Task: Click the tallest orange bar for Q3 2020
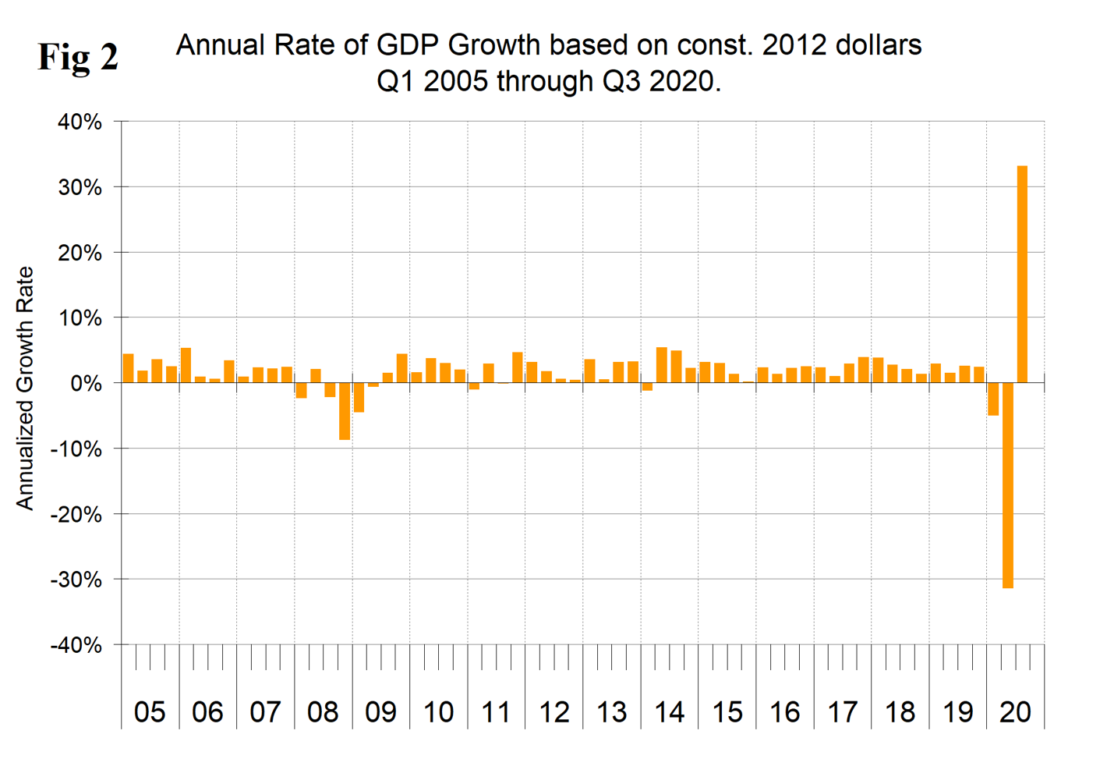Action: pos(1022,273)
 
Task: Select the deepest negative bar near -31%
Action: pos(1008,484)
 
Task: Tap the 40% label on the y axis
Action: pos(80,122)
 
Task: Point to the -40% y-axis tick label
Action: pos(76,645)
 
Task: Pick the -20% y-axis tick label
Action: pos(76,515)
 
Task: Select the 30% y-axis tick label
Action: pos(80,187)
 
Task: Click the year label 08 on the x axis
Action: pos(323,711)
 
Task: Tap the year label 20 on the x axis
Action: pos(1015,711)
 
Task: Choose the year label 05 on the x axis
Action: pos(150,711)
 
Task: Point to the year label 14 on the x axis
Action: pos(669,711)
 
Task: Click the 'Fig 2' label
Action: pos(78,57)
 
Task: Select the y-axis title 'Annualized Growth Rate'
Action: pos(25,388)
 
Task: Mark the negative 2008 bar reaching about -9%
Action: pos(345,411)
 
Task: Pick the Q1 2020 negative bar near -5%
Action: pos(993,399)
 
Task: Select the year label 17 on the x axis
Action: pos(842,711)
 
